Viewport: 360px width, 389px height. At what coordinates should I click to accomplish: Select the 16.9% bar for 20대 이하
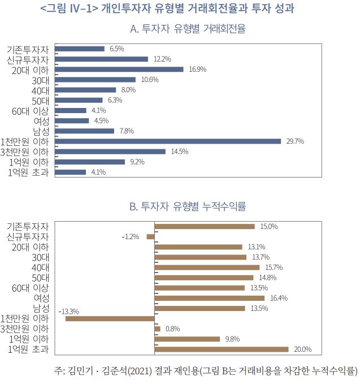[120, 69]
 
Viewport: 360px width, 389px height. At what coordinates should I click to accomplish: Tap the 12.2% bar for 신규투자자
[102, 59]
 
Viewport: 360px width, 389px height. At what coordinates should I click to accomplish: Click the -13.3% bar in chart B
[110, 318]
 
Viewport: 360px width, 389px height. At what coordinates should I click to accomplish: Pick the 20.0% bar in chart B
[221, 349]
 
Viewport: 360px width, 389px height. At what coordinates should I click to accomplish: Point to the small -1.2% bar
[150, 236]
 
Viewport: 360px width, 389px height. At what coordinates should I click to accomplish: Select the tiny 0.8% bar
[157, 329]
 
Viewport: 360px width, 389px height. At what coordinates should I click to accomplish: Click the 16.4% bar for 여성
[209, 298]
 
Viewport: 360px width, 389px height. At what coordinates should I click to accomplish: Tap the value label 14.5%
[179, 152]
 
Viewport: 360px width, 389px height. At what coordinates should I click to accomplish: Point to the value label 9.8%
[232, 339]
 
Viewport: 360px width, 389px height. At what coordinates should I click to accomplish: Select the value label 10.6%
[150, 80]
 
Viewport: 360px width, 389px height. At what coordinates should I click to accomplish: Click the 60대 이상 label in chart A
[31, 111]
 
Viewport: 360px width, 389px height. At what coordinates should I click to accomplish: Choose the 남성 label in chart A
[41, 131]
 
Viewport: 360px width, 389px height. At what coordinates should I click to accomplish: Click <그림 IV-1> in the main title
[69, 8]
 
